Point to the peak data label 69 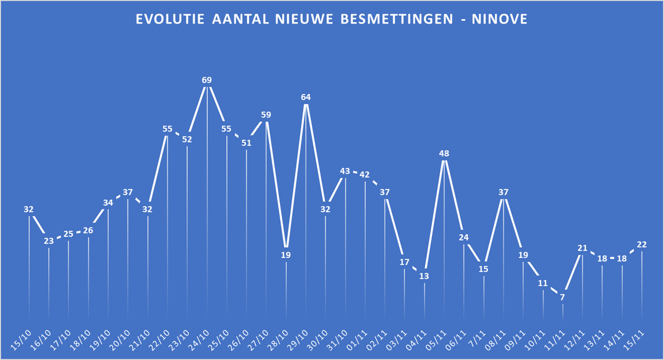[207, 80]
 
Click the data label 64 [306, 97]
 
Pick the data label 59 [266, 115]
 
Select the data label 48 [444, 154]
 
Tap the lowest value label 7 [563, 297]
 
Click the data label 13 [424, 276]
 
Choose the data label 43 [345, 171]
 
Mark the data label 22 [641, 244]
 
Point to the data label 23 [49, 241]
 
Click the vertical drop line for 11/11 [563, 312]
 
